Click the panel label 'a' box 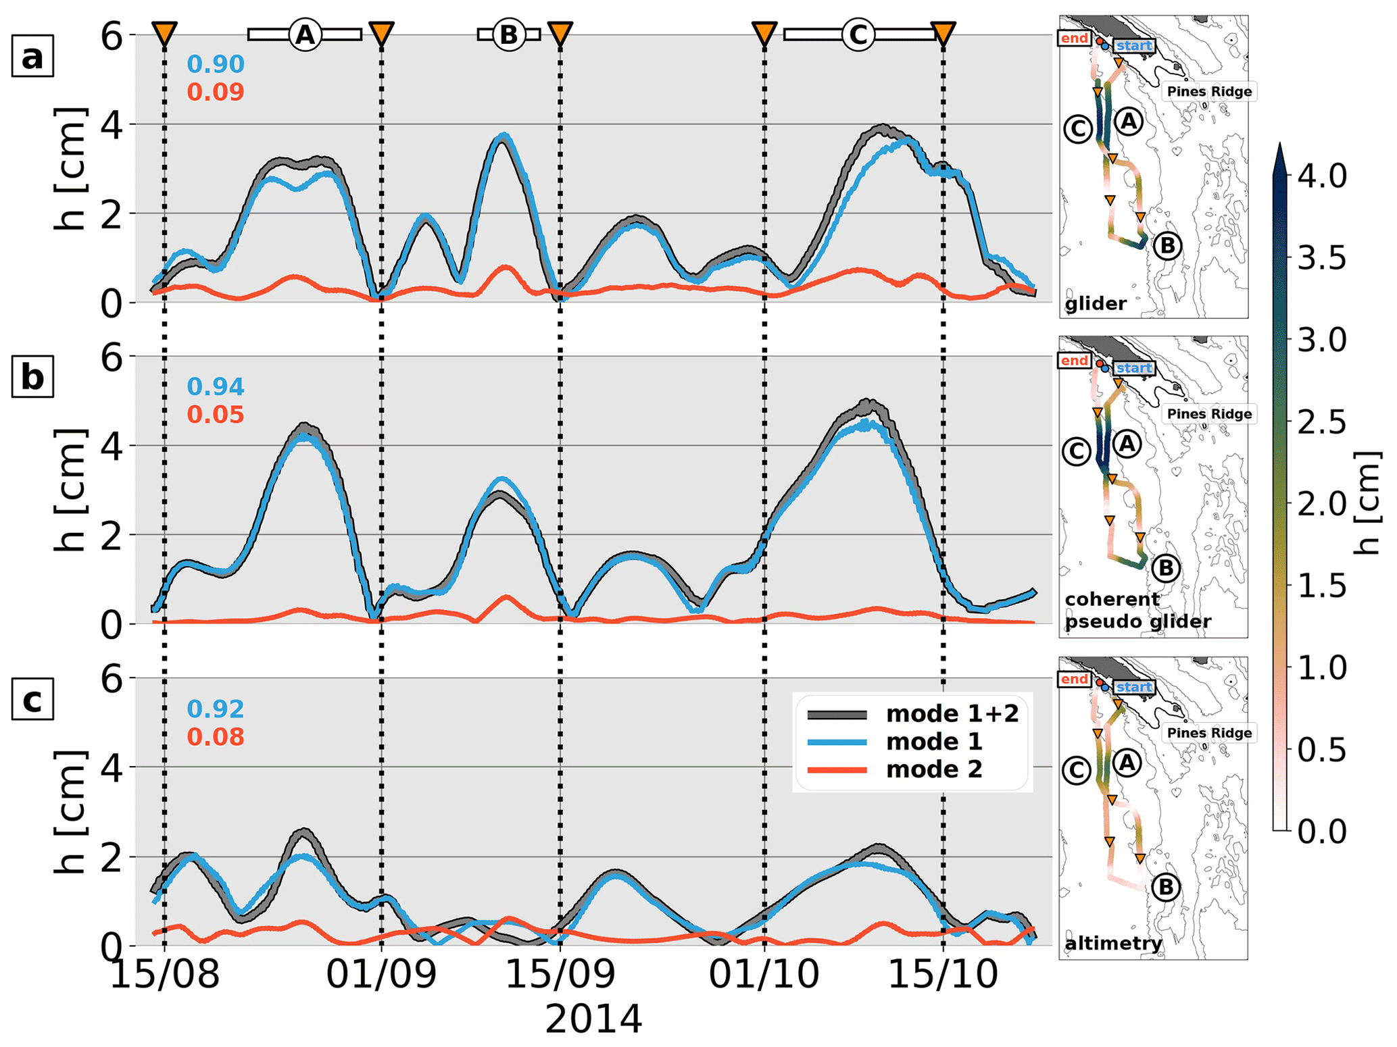pos(32,57)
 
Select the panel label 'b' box pos(32,378)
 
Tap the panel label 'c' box pos(32,700)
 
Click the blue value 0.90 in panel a pos(216,64)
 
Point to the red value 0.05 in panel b pos(216,414)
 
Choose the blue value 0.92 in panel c pos(216,709)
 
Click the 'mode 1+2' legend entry pos(952,714)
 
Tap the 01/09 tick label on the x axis pos(382,975)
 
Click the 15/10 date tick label pos(943,975)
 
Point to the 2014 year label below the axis pos(593,1019)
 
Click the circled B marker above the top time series pos(508,34)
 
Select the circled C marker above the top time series pos(858,34)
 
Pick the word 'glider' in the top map pos(1096,304)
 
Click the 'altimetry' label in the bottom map pos(1113,943)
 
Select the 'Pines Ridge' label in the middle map pos(1209,413)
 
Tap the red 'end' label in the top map pos(1074,39)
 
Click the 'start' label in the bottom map pos(1133,687)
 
